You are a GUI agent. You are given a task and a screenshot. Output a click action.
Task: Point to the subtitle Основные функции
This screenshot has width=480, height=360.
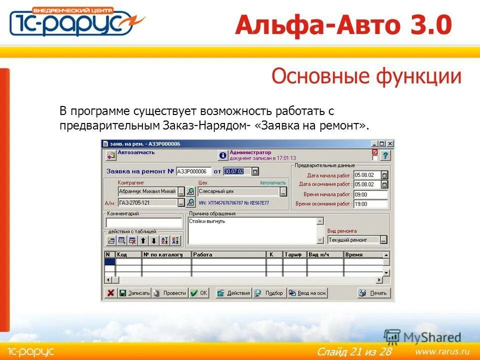pos(366,76)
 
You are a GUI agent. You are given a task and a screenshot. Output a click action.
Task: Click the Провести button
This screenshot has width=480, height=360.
pos(169,293)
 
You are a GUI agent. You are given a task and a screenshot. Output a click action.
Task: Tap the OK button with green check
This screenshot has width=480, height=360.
pos(199,293)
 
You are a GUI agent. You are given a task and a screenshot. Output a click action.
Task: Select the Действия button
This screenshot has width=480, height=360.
pos(233,293)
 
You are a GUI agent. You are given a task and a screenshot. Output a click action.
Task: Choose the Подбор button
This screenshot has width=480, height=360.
pos(269,293)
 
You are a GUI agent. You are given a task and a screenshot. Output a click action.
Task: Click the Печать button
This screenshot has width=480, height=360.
pos(373,293)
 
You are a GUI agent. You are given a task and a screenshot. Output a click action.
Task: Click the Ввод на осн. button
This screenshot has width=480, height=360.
pos(307,293)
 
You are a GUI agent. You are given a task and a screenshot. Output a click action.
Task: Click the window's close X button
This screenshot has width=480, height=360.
pos(390,144)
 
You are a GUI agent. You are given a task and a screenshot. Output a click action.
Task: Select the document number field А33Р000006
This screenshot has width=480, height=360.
pos(193,171)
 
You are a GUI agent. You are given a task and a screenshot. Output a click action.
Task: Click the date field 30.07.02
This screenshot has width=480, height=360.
pos(234,171)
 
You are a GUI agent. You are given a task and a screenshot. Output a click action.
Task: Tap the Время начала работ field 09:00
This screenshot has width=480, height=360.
pos(370,194)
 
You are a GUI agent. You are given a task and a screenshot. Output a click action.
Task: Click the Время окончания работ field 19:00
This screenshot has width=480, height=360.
pos(370,204)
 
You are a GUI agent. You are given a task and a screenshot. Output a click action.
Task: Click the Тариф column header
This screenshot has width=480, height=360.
pos(294,254)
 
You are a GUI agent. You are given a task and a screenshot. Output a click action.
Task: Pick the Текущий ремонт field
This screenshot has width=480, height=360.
pos(353,240)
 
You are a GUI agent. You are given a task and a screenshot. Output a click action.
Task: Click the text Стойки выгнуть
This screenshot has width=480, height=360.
pos(207,221)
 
